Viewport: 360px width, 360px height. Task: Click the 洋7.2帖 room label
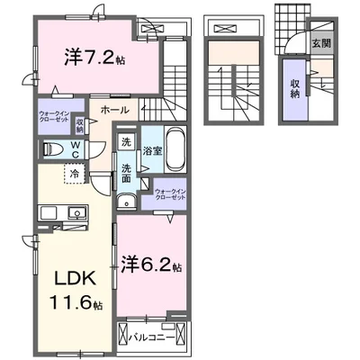[x=97, y=56]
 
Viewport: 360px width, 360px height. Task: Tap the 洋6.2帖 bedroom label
[x=151, y=266]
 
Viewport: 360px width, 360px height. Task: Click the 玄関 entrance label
[x=320, y=42]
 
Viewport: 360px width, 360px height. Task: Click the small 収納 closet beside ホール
[x=80, y=124]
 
